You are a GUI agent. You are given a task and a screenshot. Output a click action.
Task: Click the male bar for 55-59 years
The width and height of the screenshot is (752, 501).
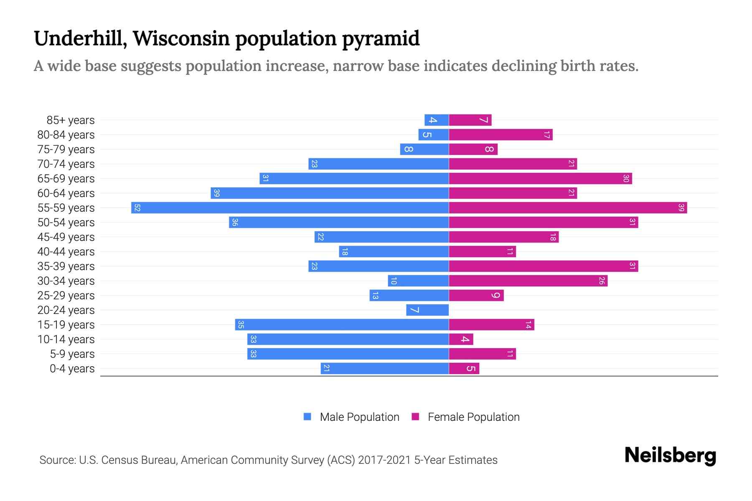[290, 207]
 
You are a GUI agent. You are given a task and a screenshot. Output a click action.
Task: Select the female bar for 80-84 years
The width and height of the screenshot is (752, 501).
[500, 134]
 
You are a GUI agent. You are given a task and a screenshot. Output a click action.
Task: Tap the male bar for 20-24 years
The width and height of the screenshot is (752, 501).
[427, 310]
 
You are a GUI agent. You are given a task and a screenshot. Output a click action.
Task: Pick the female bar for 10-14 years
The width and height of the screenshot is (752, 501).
[461, 339]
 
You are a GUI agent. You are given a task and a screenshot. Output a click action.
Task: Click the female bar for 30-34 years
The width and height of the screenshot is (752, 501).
[528, 281]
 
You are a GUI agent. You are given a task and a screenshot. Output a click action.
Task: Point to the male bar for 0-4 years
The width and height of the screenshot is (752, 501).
[385, 368]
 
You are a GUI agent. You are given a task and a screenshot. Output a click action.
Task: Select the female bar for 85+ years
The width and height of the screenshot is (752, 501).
[470, 120]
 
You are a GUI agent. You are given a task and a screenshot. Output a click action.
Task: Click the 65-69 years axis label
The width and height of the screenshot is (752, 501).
[66, 179]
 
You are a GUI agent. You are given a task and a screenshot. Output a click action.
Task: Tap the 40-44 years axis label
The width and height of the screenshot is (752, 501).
[66, 252]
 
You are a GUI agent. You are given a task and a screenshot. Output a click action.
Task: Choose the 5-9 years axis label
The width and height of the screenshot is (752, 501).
[72, 354]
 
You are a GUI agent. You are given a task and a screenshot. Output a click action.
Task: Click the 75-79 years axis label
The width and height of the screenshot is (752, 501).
[66, 149]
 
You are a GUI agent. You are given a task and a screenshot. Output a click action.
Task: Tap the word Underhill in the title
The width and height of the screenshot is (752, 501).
[80, 38]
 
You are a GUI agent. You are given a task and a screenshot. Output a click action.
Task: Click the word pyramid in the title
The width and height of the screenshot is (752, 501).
[381, 38]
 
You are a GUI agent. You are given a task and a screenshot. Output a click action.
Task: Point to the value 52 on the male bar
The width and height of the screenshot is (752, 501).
[137, 207]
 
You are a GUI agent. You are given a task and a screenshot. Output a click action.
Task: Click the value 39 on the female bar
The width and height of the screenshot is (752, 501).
[681, 207]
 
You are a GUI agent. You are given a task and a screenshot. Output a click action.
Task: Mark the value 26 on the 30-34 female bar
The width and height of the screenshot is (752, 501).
[601, 281]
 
